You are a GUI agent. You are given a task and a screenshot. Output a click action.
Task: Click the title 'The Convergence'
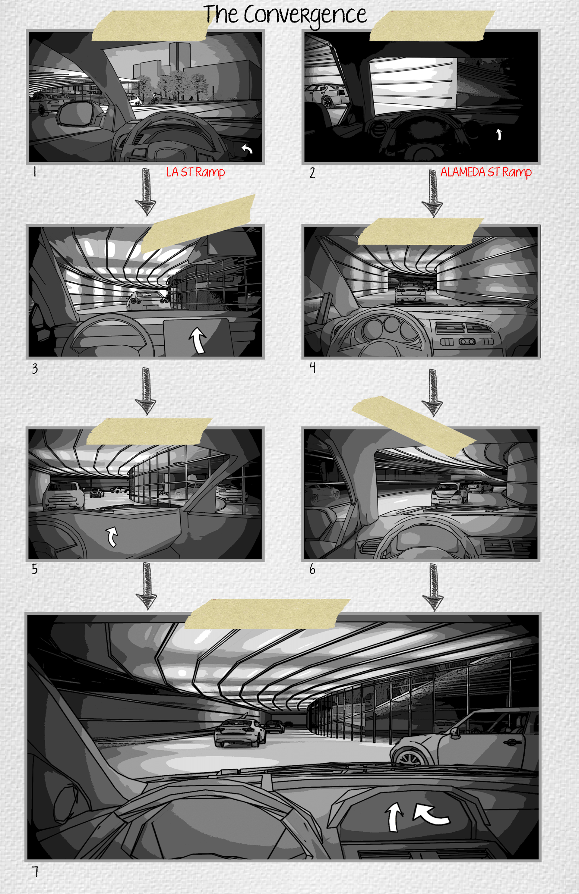(x=285, y=15)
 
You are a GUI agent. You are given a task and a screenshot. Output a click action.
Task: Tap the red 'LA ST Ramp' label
(x=195, y=172)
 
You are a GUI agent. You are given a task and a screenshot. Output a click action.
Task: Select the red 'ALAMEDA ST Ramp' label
(x=486, y=172)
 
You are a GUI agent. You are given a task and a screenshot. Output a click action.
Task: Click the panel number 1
(x=35, y=172)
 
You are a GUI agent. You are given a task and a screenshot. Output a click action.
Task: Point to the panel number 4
(x=312, y=367)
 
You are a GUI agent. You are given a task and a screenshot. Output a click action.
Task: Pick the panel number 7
(x=35, y=871)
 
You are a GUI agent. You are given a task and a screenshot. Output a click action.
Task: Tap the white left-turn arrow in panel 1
(x=247, y=149)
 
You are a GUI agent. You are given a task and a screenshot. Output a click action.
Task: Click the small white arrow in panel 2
(x=499, y=134)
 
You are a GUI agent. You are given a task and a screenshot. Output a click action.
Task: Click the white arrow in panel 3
(x=198, y=340)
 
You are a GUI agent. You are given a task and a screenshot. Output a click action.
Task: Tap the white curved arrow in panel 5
(x=112, y=536)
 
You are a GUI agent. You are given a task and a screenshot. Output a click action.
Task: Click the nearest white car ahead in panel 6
(x=449, y=493)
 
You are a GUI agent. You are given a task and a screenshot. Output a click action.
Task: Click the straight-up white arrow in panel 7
(x=393, y=817)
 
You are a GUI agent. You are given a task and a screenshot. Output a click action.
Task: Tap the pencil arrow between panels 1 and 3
(x=146, y=192)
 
